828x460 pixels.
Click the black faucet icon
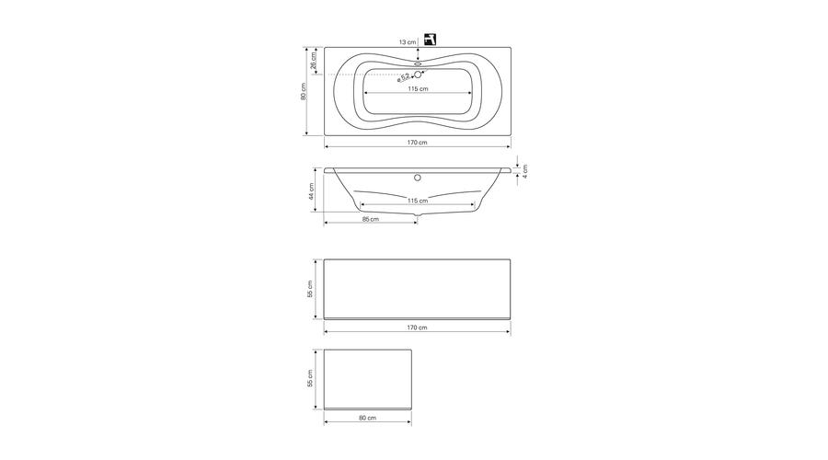click(430, 39)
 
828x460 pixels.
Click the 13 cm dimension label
click(408, 41)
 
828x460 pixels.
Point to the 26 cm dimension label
click(313, 60)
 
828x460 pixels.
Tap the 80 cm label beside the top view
click(303, 91)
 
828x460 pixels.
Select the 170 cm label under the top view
click(417, 143)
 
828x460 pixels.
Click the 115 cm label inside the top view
click(418, 88)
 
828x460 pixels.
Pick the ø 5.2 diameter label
click(404, 78)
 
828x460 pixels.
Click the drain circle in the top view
click(418, 75)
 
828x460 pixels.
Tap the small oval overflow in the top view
click(418, 63)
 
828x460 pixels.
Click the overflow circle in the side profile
click(417, 178)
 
